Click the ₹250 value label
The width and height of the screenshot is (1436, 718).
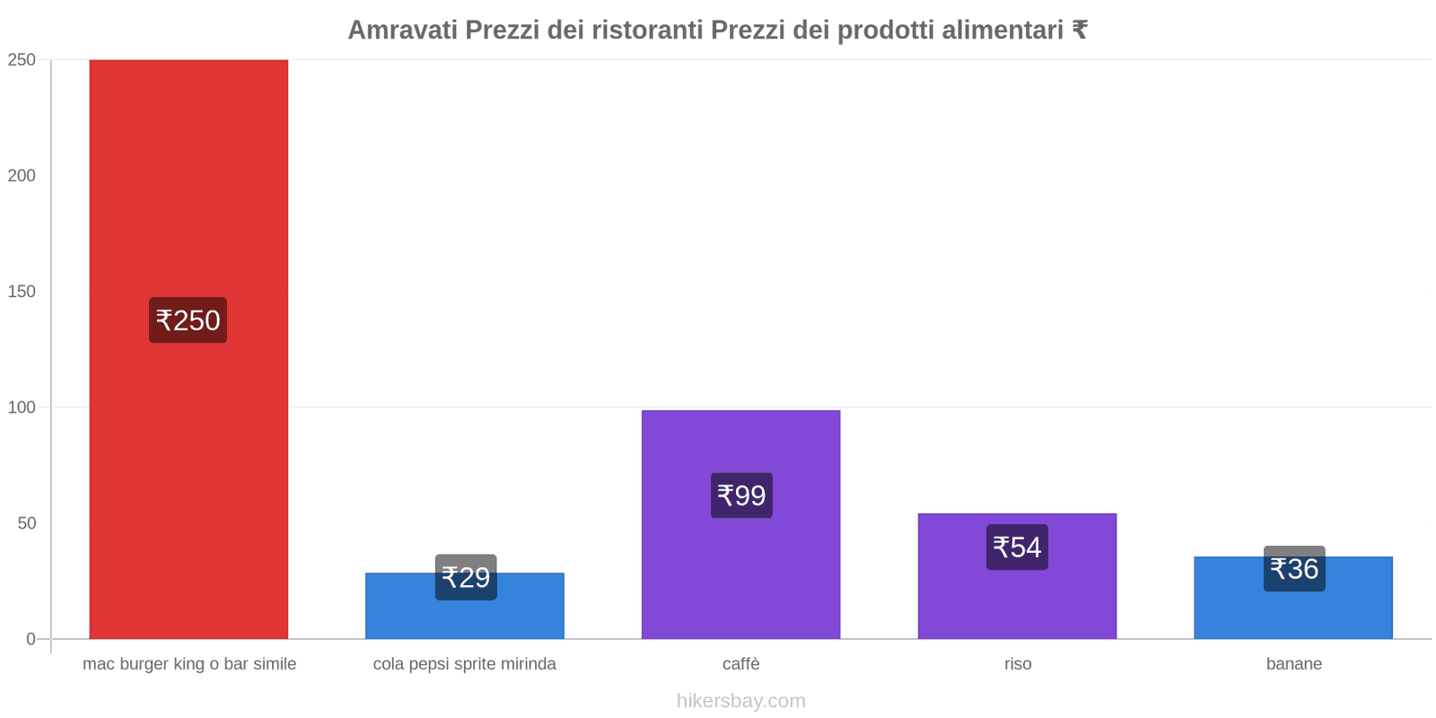pyautogui.click(x=188, y=320)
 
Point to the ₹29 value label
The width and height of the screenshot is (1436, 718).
pyautogui.click(x=466, y=577)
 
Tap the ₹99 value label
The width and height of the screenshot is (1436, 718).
pyautogui.click(x=741, y=495)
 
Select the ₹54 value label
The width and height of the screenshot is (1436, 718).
pyautogui.click(x=1017, y=547)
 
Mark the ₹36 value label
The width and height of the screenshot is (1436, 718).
pyautogui.click(x=1294, y=569)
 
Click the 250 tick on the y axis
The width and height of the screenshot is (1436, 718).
pyautogui.click(x=22, y=60)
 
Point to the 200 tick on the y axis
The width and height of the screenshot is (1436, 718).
pyautogui.click(x=22, y=176)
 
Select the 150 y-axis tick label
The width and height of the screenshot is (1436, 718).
pyautogui.click(x=22, y=292)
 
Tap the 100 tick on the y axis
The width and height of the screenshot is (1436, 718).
pyautogui.click(x=22, y=407)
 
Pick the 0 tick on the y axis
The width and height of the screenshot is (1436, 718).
pyautogui.click(x=31, y=639)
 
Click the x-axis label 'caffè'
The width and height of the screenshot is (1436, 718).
pyautogui.click(x=740, y=664)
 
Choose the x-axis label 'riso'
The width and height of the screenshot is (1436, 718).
pyautogui.click(x=1018, y=664)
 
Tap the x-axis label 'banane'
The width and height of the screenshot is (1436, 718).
pyautogui.click(x=1293, y=664)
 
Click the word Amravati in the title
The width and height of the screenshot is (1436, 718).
pyautogui.click(x=401, y=31)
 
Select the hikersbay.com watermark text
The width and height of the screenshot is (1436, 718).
pyautogui.click(x=740, y=701)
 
